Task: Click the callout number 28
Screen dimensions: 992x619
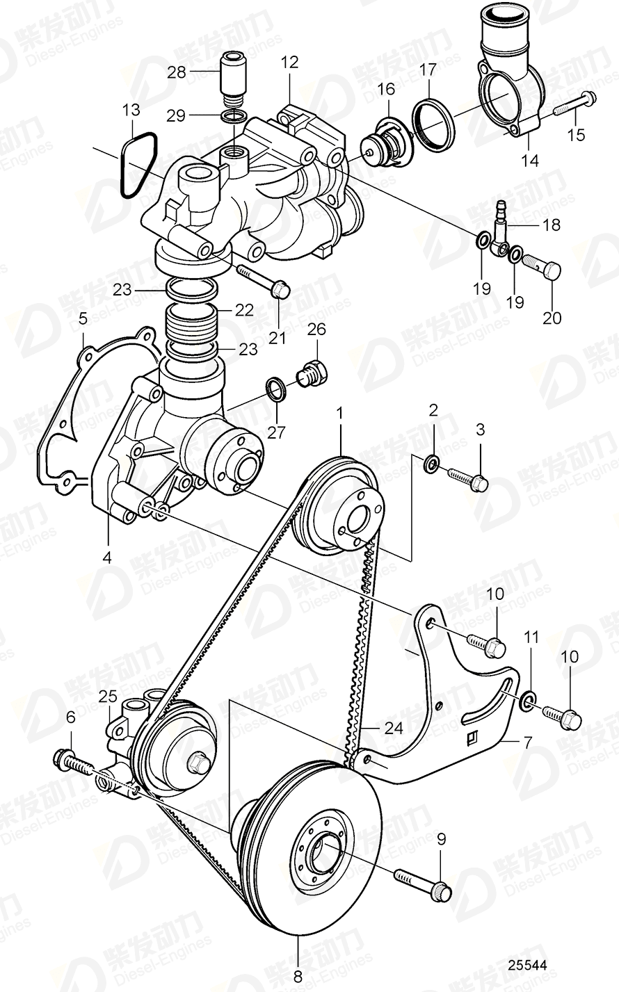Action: pos(177,72)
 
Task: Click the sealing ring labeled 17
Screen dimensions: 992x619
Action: pos(434,123)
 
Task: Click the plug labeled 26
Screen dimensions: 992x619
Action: pos(310,373)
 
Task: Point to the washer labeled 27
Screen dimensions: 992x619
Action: pos(275,388)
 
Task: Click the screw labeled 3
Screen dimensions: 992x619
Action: pos(467,478)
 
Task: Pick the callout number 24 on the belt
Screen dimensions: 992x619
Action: pos(393,729)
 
